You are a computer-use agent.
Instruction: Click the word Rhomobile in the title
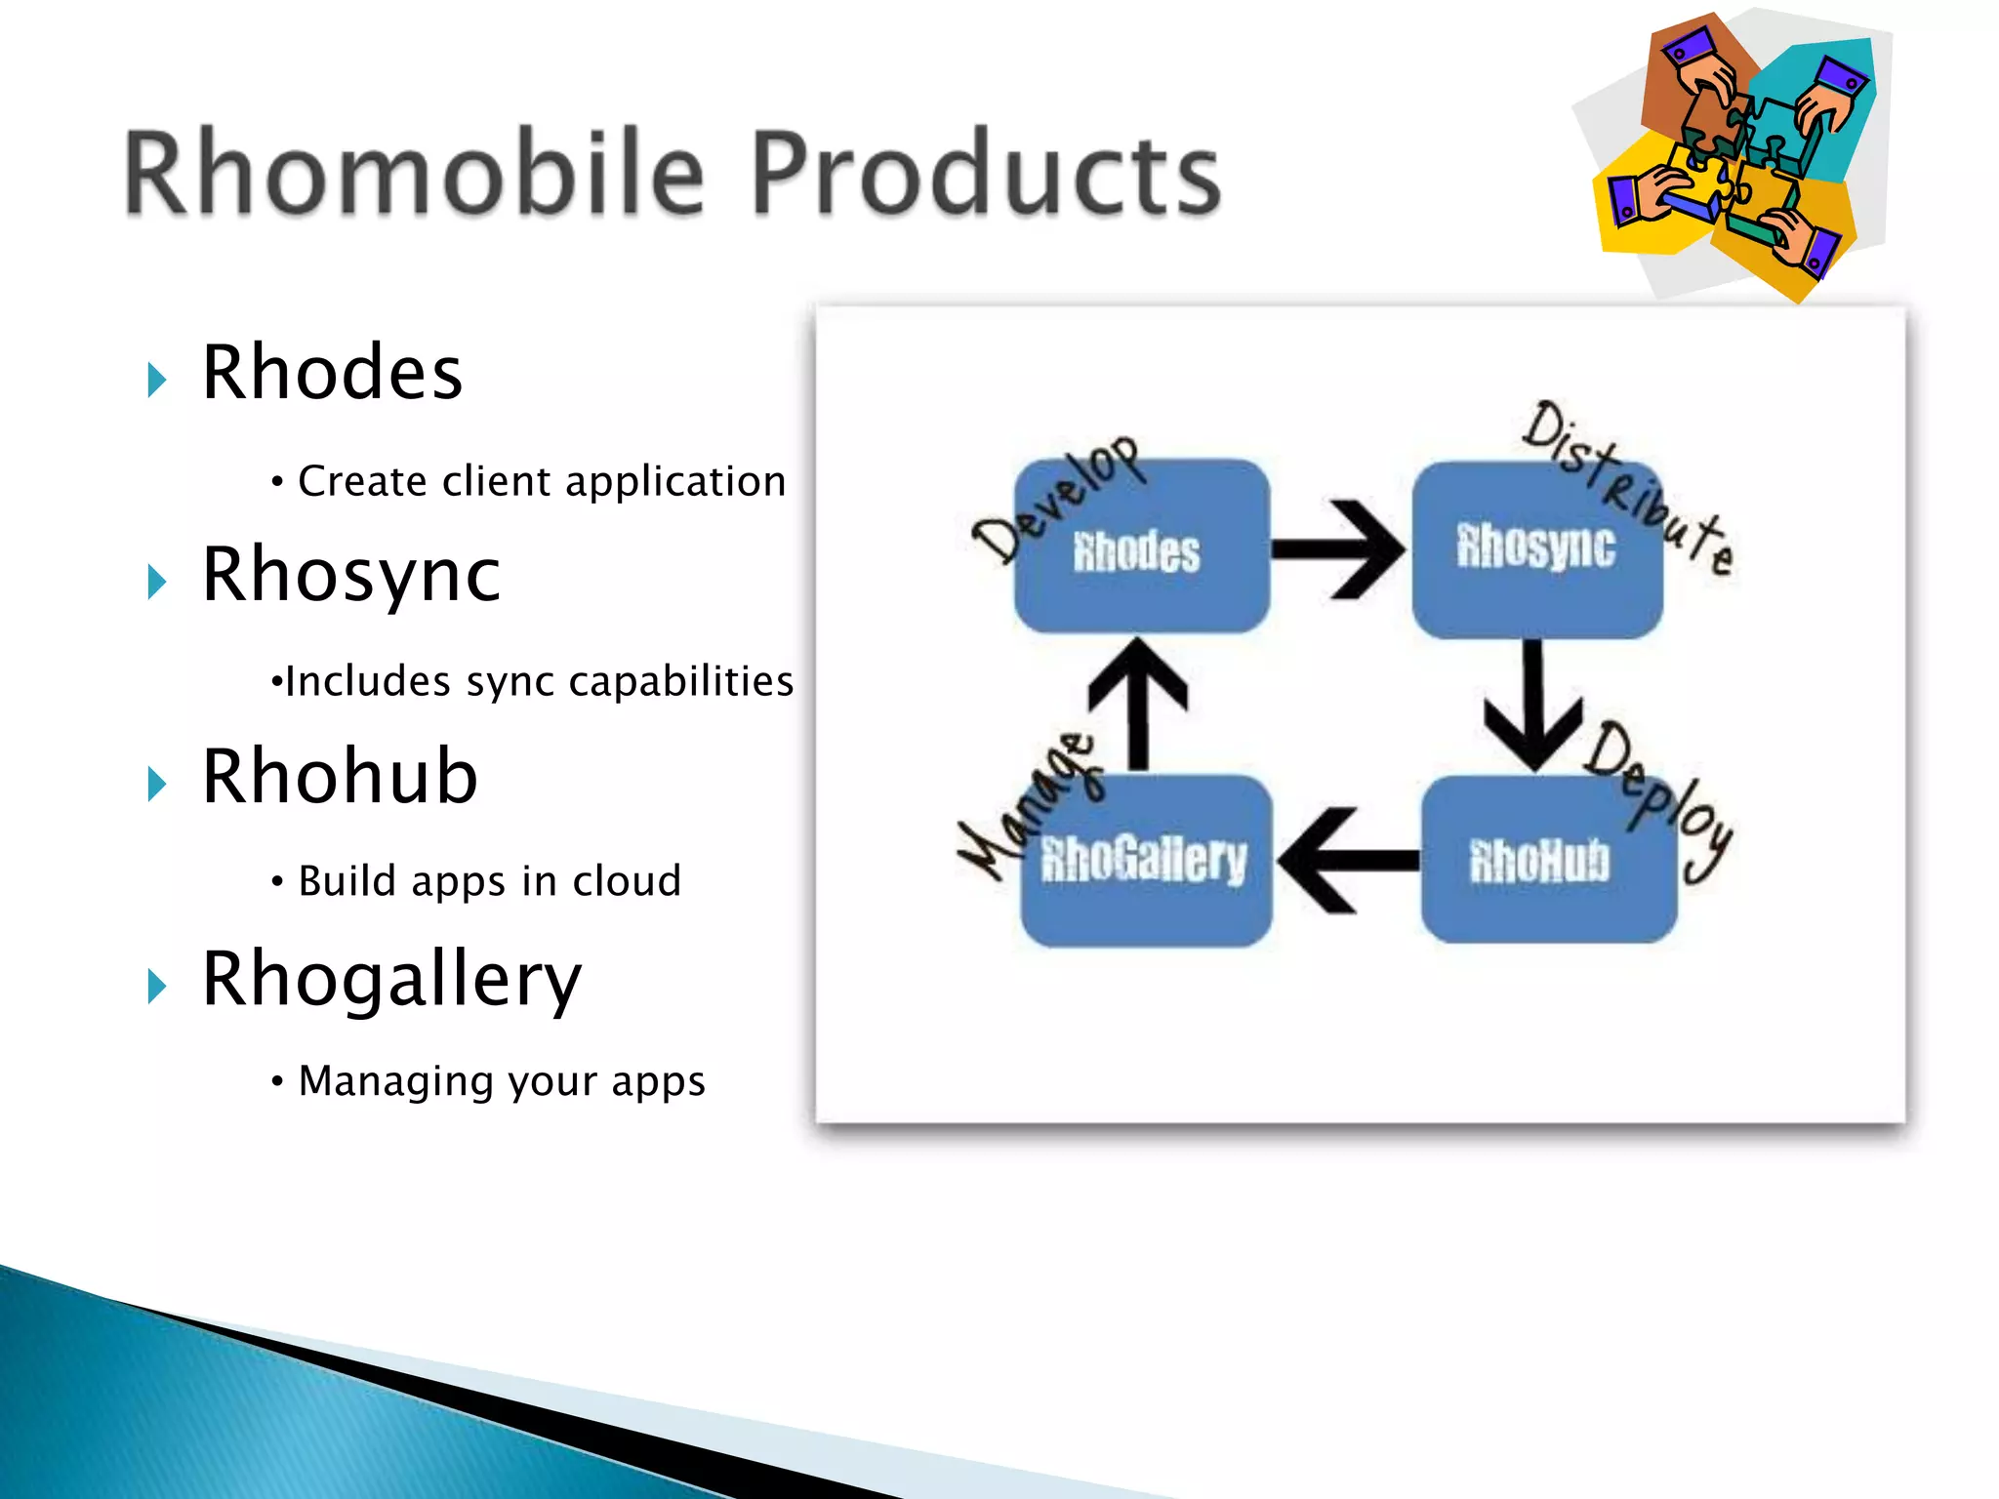[414, 173]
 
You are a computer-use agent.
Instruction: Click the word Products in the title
[986, 173]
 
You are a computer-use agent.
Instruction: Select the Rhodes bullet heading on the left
[332, 373]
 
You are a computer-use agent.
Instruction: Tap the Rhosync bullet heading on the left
[351, 576]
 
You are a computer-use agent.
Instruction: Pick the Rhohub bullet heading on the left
[340, 777]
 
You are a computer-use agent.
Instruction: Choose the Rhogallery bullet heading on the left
[391, 979]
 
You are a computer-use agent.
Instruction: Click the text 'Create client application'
[542, 481]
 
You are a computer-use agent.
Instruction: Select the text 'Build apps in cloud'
[489, 881]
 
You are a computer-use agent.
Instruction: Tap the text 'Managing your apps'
[502, 1081]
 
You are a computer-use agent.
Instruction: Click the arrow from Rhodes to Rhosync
[1338, 549]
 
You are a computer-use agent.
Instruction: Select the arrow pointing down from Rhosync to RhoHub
[1533, 707]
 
